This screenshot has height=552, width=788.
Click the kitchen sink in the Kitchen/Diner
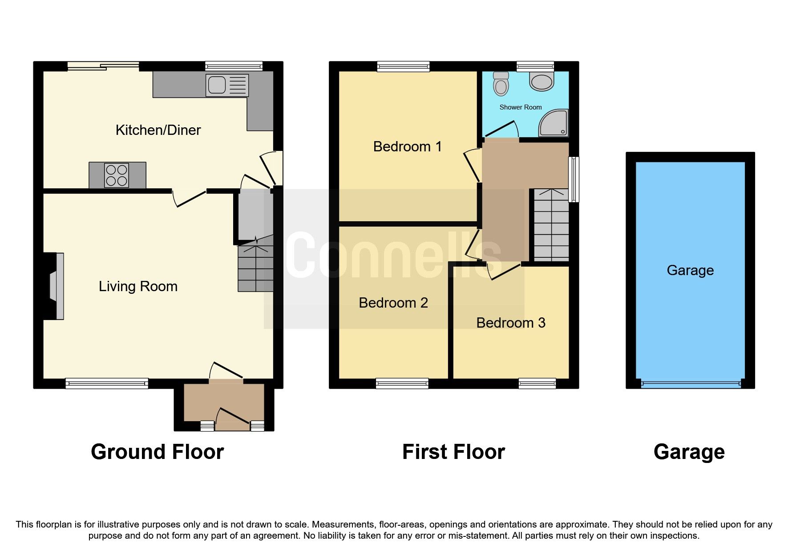pos(227,85)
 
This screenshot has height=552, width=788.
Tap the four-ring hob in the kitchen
pos(117,175)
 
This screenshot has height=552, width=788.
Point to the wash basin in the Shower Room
pos(541,82)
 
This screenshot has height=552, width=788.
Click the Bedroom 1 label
pos(407,146)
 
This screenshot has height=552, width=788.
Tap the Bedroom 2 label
pos(393,303)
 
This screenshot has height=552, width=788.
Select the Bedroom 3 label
pos(510,323)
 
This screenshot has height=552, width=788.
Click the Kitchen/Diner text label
pos(158,130)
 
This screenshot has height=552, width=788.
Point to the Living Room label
pos(138,286)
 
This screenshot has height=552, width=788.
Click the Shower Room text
pos(520,107)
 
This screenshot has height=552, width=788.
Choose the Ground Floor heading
pos(157,452)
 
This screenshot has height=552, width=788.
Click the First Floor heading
pos(453,452)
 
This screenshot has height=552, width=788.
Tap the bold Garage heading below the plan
pos(689,452)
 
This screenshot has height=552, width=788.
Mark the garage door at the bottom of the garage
pos(691,383)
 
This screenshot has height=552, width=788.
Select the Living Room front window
pos(107,383)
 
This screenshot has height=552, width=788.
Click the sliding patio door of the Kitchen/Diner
pos(103,66)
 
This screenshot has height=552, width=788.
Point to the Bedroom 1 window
pos(403,66)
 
